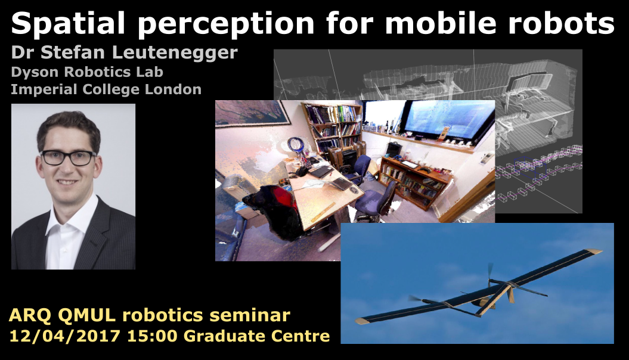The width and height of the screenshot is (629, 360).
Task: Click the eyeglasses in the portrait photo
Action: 68,157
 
